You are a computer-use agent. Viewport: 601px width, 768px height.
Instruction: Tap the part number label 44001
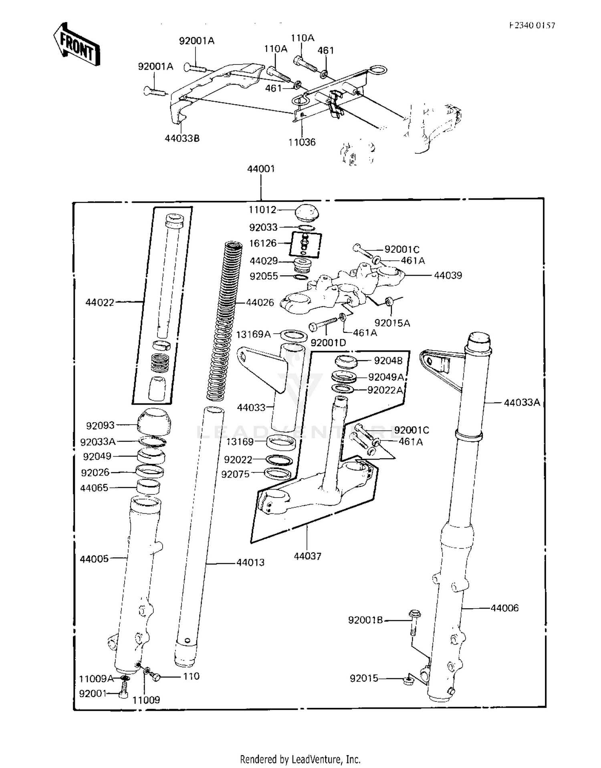point(261,169)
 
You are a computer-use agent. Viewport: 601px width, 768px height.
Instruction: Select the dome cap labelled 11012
point(307,212)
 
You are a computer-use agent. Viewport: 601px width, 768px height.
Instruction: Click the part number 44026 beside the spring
point(260,302)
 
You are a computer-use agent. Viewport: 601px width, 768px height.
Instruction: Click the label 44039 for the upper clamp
point(448,276)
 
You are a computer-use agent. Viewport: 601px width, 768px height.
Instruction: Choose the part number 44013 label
point(250,562)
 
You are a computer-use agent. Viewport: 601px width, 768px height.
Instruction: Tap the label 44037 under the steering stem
point(307,556)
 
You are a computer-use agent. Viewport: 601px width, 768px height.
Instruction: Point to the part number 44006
point(504,608)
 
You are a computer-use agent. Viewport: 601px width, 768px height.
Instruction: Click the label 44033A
point(522,402)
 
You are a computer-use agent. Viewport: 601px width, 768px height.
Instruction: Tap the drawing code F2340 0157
point(532,25)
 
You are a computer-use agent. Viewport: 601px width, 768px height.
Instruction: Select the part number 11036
point(302,142)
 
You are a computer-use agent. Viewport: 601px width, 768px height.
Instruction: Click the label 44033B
point(182,139)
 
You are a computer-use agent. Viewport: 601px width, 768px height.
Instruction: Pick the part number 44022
point(100,302)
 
